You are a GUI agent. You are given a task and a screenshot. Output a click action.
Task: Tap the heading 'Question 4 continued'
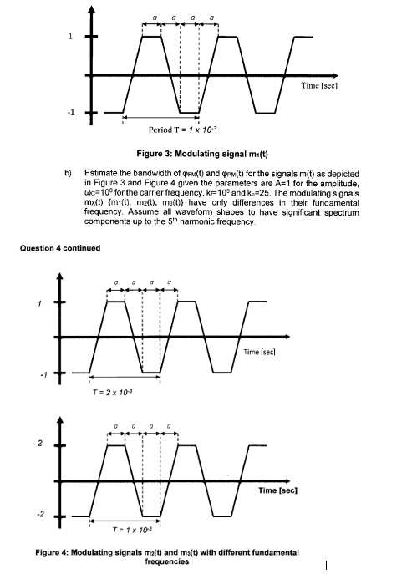coord(56,247)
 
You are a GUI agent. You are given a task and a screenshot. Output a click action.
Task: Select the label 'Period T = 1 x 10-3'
coord(182,130)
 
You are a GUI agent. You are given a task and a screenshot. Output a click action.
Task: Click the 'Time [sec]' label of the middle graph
coord(262,352)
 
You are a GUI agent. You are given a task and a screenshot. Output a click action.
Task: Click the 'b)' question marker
coord(69,172)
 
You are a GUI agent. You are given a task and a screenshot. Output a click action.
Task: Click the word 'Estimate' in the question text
coord(101,172)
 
